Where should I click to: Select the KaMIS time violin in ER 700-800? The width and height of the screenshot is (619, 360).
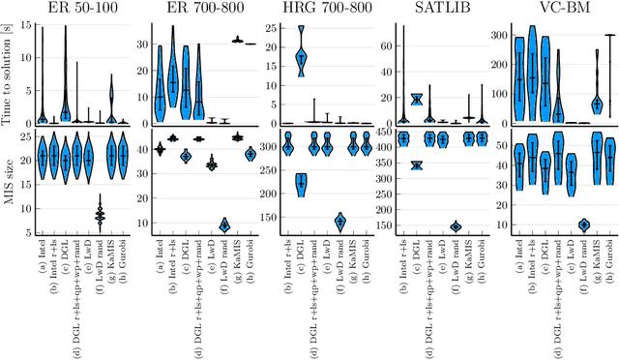(x=237, y=40)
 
